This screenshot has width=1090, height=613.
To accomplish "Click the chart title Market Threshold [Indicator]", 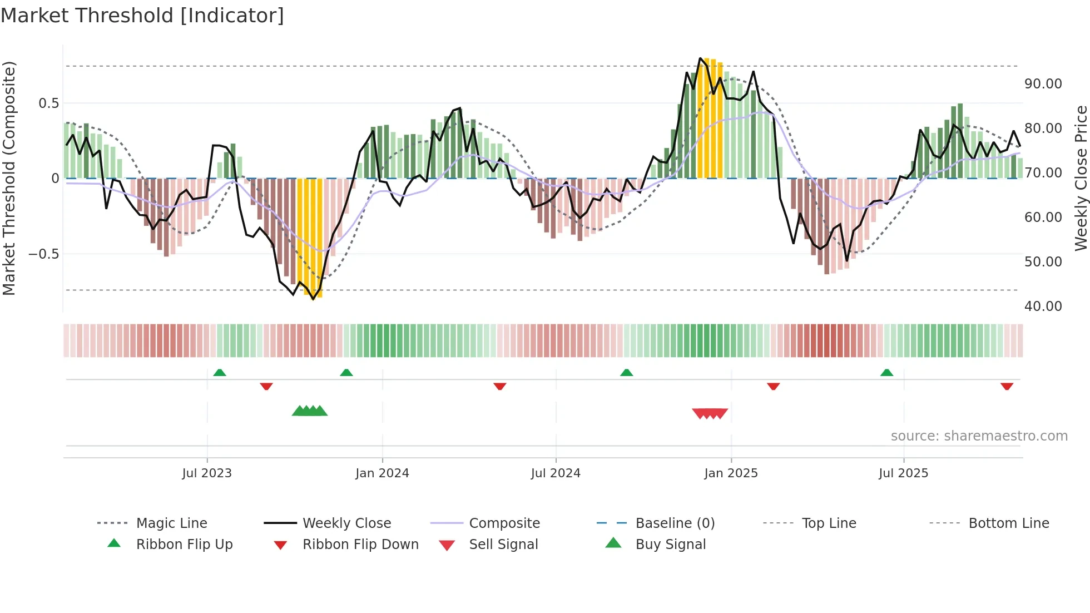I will [x=142, y=16].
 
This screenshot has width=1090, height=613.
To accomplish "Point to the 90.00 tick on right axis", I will [x=1043, y=84].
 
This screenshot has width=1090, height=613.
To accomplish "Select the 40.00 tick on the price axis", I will [x=1043, y=306].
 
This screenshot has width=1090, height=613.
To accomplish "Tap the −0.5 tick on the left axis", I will [x=43, y=254].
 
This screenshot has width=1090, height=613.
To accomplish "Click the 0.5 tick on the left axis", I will [x=48, y=103].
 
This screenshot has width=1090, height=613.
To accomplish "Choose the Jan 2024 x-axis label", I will [x=382, y=473].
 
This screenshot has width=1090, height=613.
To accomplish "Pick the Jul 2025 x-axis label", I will [x=903, y=473].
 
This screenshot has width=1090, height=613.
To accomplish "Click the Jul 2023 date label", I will [x=207, y=473].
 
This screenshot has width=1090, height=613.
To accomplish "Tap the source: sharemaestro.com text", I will [x=979, y=436].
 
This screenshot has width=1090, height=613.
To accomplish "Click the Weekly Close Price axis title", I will [x=1081, y=178].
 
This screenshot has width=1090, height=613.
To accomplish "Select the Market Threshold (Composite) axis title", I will [x=9, y=178].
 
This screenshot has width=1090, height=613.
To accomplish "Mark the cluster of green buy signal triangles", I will [x=310, y=411].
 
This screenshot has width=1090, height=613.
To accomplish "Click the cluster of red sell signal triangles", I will [x=710, y=413].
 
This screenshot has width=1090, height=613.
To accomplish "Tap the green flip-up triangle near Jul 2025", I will [x=886, y=373].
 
